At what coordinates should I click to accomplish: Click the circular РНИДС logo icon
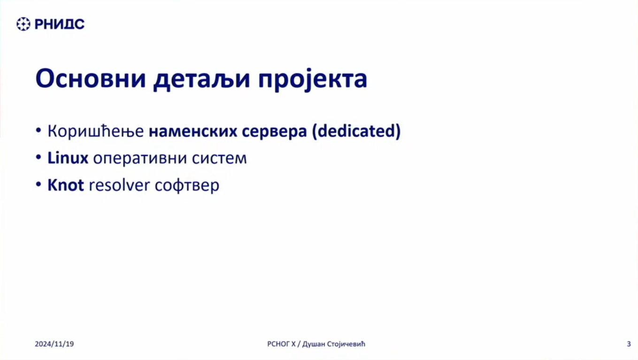click(x=23, y=24)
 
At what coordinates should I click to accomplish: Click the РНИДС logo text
click(x=60, y=24)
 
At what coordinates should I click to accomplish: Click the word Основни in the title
click(x=91, y=78)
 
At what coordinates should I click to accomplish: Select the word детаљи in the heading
click(x=202, y=80)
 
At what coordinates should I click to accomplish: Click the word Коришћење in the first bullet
click(x=95, y=131)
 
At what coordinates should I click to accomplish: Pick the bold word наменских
click(x=193, y=131)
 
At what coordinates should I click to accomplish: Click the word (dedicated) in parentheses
click(x=356, y=131)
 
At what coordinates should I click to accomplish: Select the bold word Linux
click(x=68, y=158)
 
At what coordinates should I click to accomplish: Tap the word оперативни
click(x=140, y=159)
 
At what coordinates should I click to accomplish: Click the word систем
click(x=219, y=159)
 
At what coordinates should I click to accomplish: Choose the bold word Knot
click(x=66, y=185)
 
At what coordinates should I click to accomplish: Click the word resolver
click(x=119, y=185)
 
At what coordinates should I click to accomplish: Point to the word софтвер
click(x=187, y=186)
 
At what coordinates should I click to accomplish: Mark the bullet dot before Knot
click(x=38, y=184)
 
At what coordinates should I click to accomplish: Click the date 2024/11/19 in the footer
click(x=54, y=344)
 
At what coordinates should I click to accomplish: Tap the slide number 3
click(x=629, y=344)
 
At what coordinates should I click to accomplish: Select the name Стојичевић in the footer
click(x=346, y=344)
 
